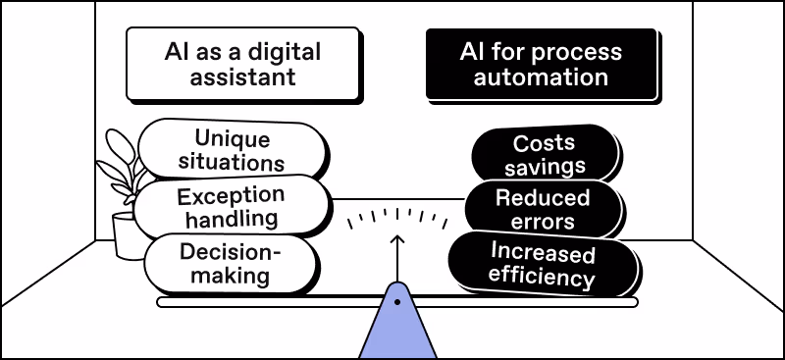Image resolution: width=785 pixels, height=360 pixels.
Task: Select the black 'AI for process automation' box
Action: pos(541,63)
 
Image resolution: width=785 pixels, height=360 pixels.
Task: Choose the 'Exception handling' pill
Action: pos(231,206)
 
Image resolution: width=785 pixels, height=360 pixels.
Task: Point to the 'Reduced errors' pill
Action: pos(543,209)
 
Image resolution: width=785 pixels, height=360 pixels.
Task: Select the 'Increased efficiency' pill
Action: pos(543,265)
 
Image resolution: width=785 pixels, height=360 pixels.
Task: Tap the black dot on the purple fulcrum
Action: pos(396,302)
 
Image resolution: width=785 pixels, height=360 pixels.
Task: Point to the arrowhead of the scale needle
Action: pos(396,238)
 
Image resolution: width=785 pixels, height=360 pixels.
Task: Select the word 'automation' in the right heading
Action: pos(542,77)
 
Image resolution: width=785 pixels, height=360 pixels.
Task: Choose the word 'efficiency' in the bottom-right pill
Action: pos(543,278)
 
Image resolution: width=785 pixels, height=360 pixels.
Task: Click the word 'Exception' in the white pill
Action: pos(231,194)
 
